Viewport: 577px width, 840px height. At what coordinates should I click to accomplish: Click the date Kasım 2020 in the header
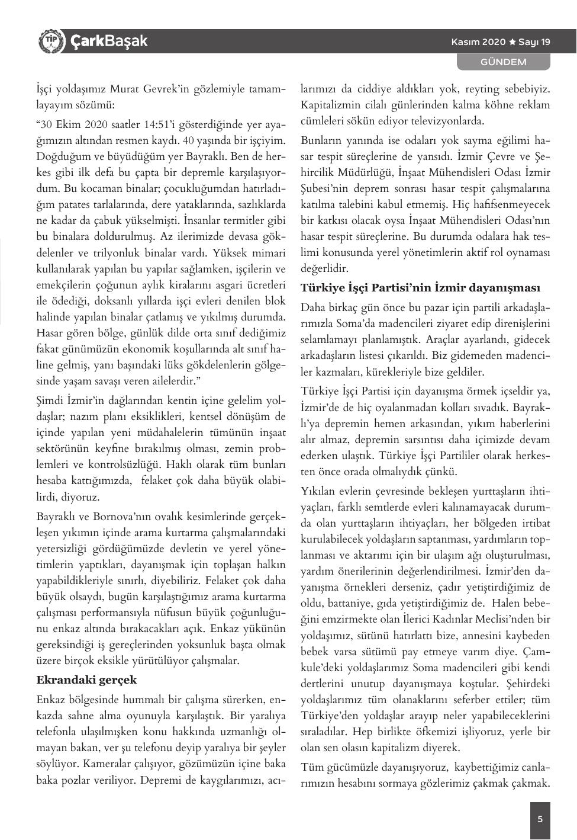point(478,42)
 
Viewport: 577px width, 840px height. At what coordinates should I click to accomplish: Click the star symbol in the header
point(512,42)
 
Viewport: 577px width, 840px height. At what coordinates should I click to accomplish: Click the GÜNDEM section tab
point(503,62)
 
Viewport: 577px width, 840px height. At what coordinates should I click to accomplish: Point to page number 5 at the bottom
point(540,820)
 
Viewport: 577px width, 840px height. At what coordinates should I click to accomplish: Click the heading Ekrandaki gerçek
point(86,679)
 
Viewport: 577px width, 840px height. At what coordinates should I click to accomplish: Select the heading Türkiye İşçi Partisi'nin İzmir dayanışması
point(420,288)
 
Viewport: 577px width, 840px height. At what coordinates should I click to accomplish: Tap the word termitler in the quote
point(243,221)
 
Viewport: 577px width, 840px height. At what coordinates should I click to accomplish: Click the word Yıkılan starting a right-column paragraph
point(318,491)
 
